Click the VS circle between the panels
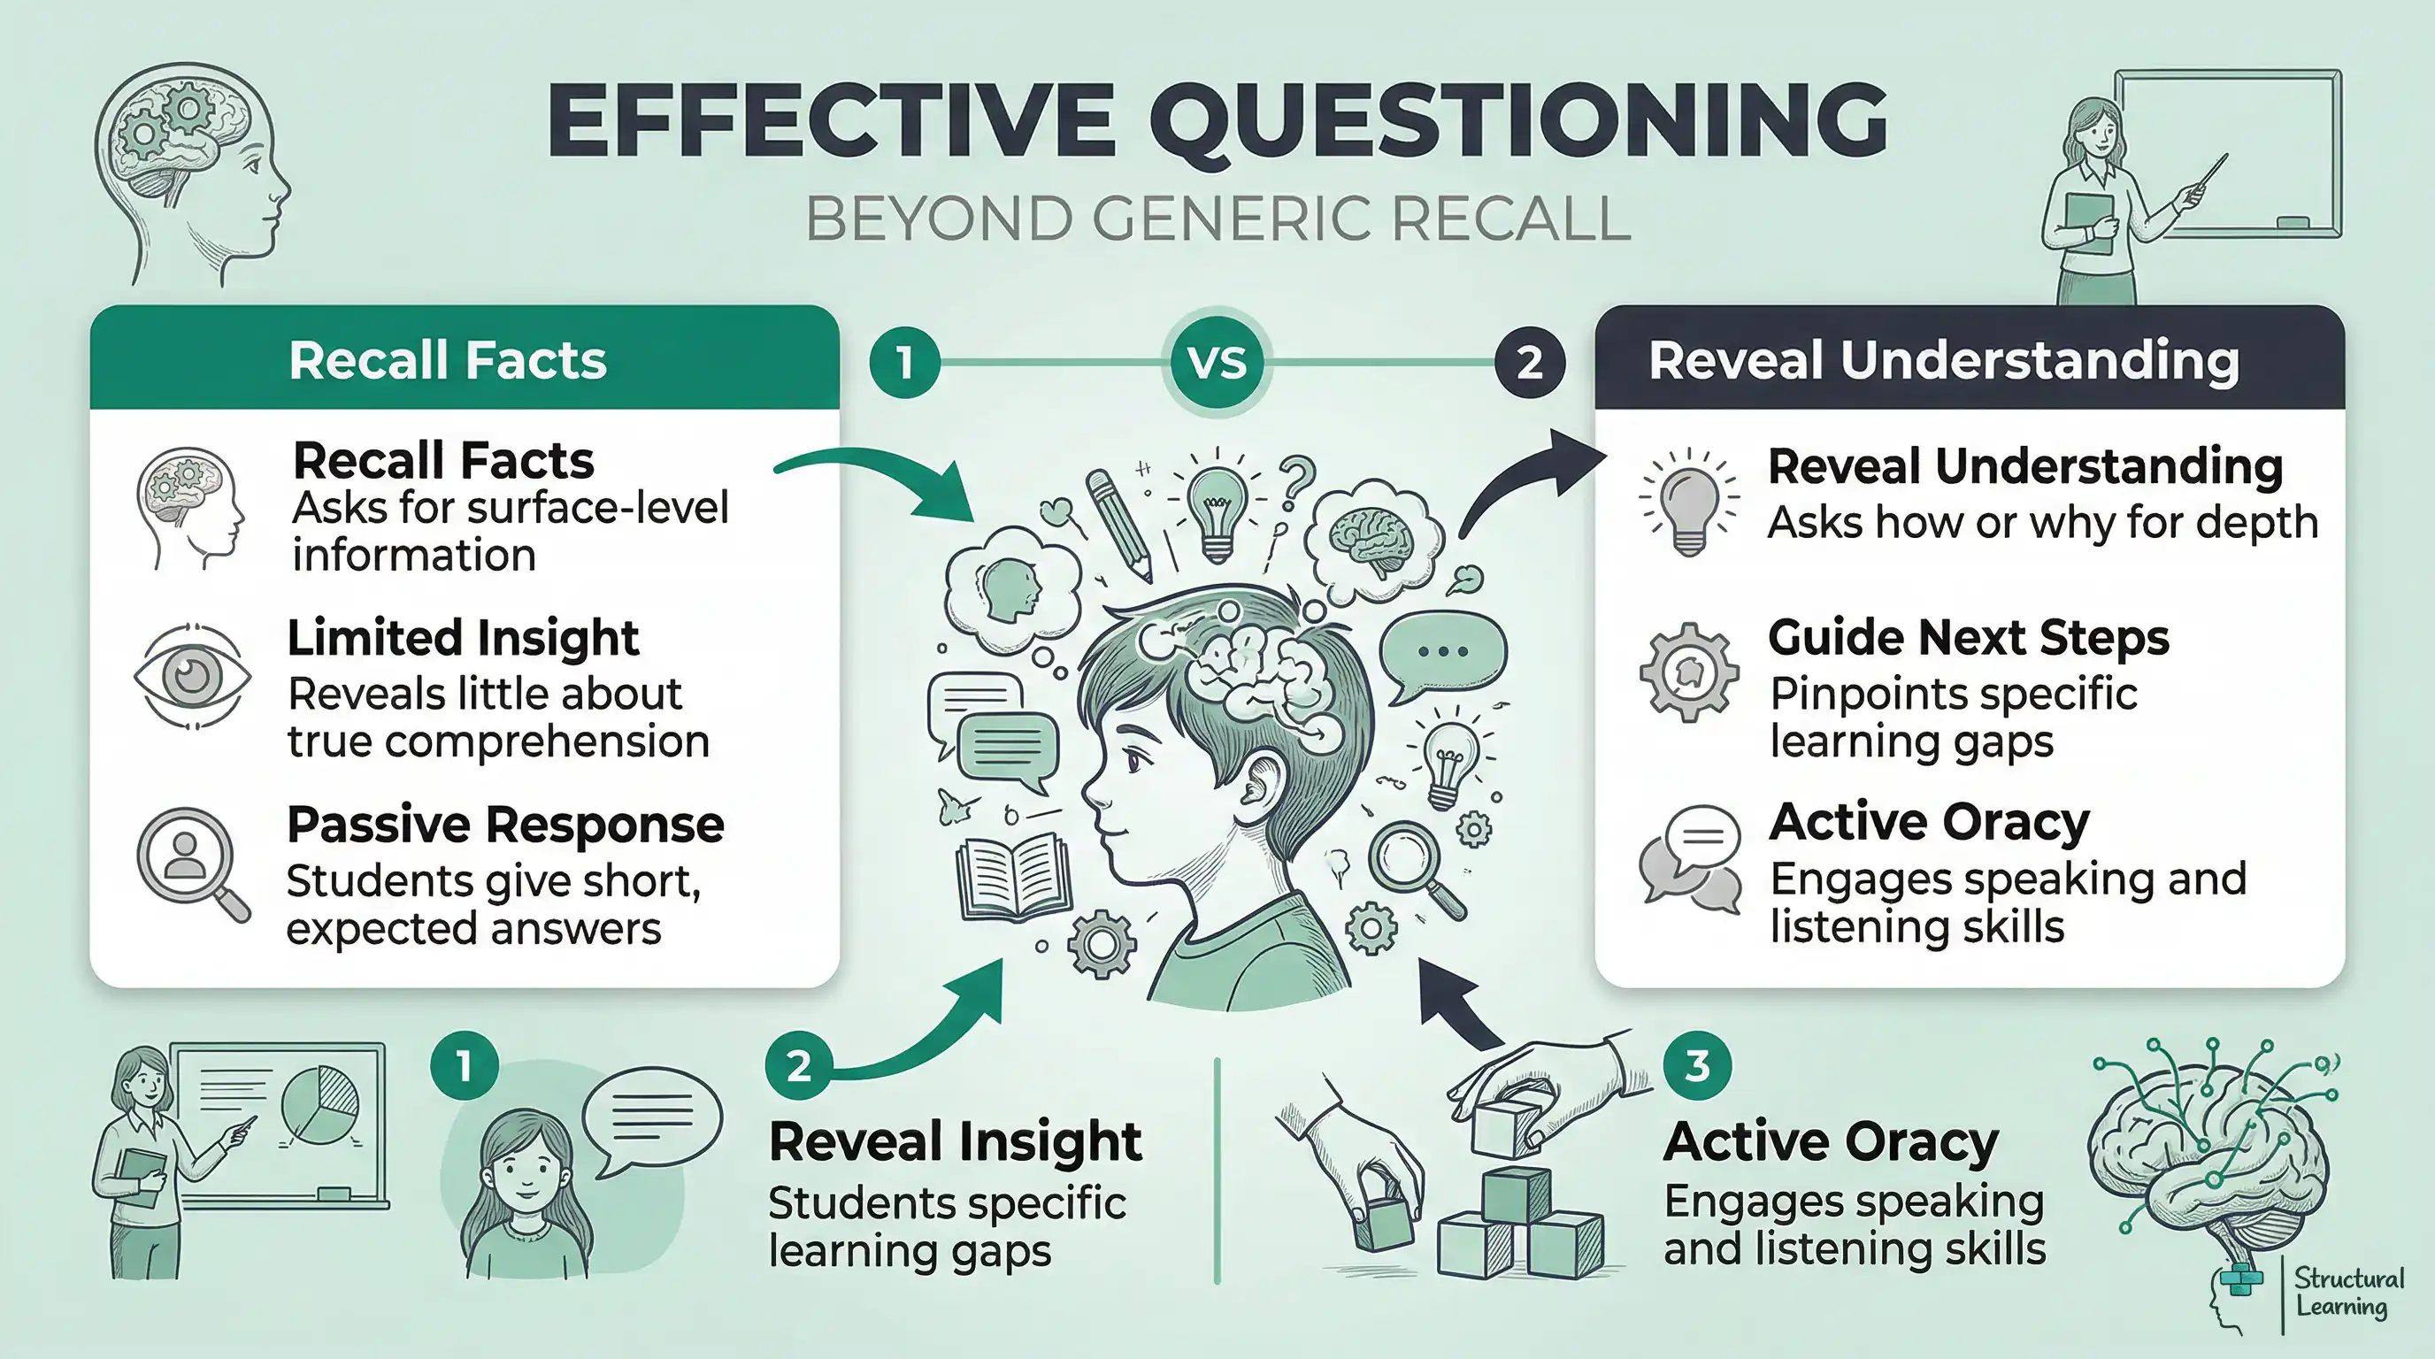[x=1217, y=362]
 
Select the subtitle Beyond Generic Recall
[x=1217, y=219]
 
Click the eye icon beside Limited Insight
[x=193, y=676]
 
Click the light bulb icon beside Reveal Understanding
[x=1688, y=501]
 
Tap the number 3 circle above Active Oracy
[x=1697, y=1065]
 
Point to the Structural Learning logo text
[x=2348, y=1292]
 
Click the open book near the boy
[x=1013, y=875]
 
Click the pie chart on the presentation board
[x=320, y=1103]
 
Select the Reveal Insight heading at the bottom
[x=955, y=1140]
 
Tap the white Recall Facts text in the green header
[x=447, y=360]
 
